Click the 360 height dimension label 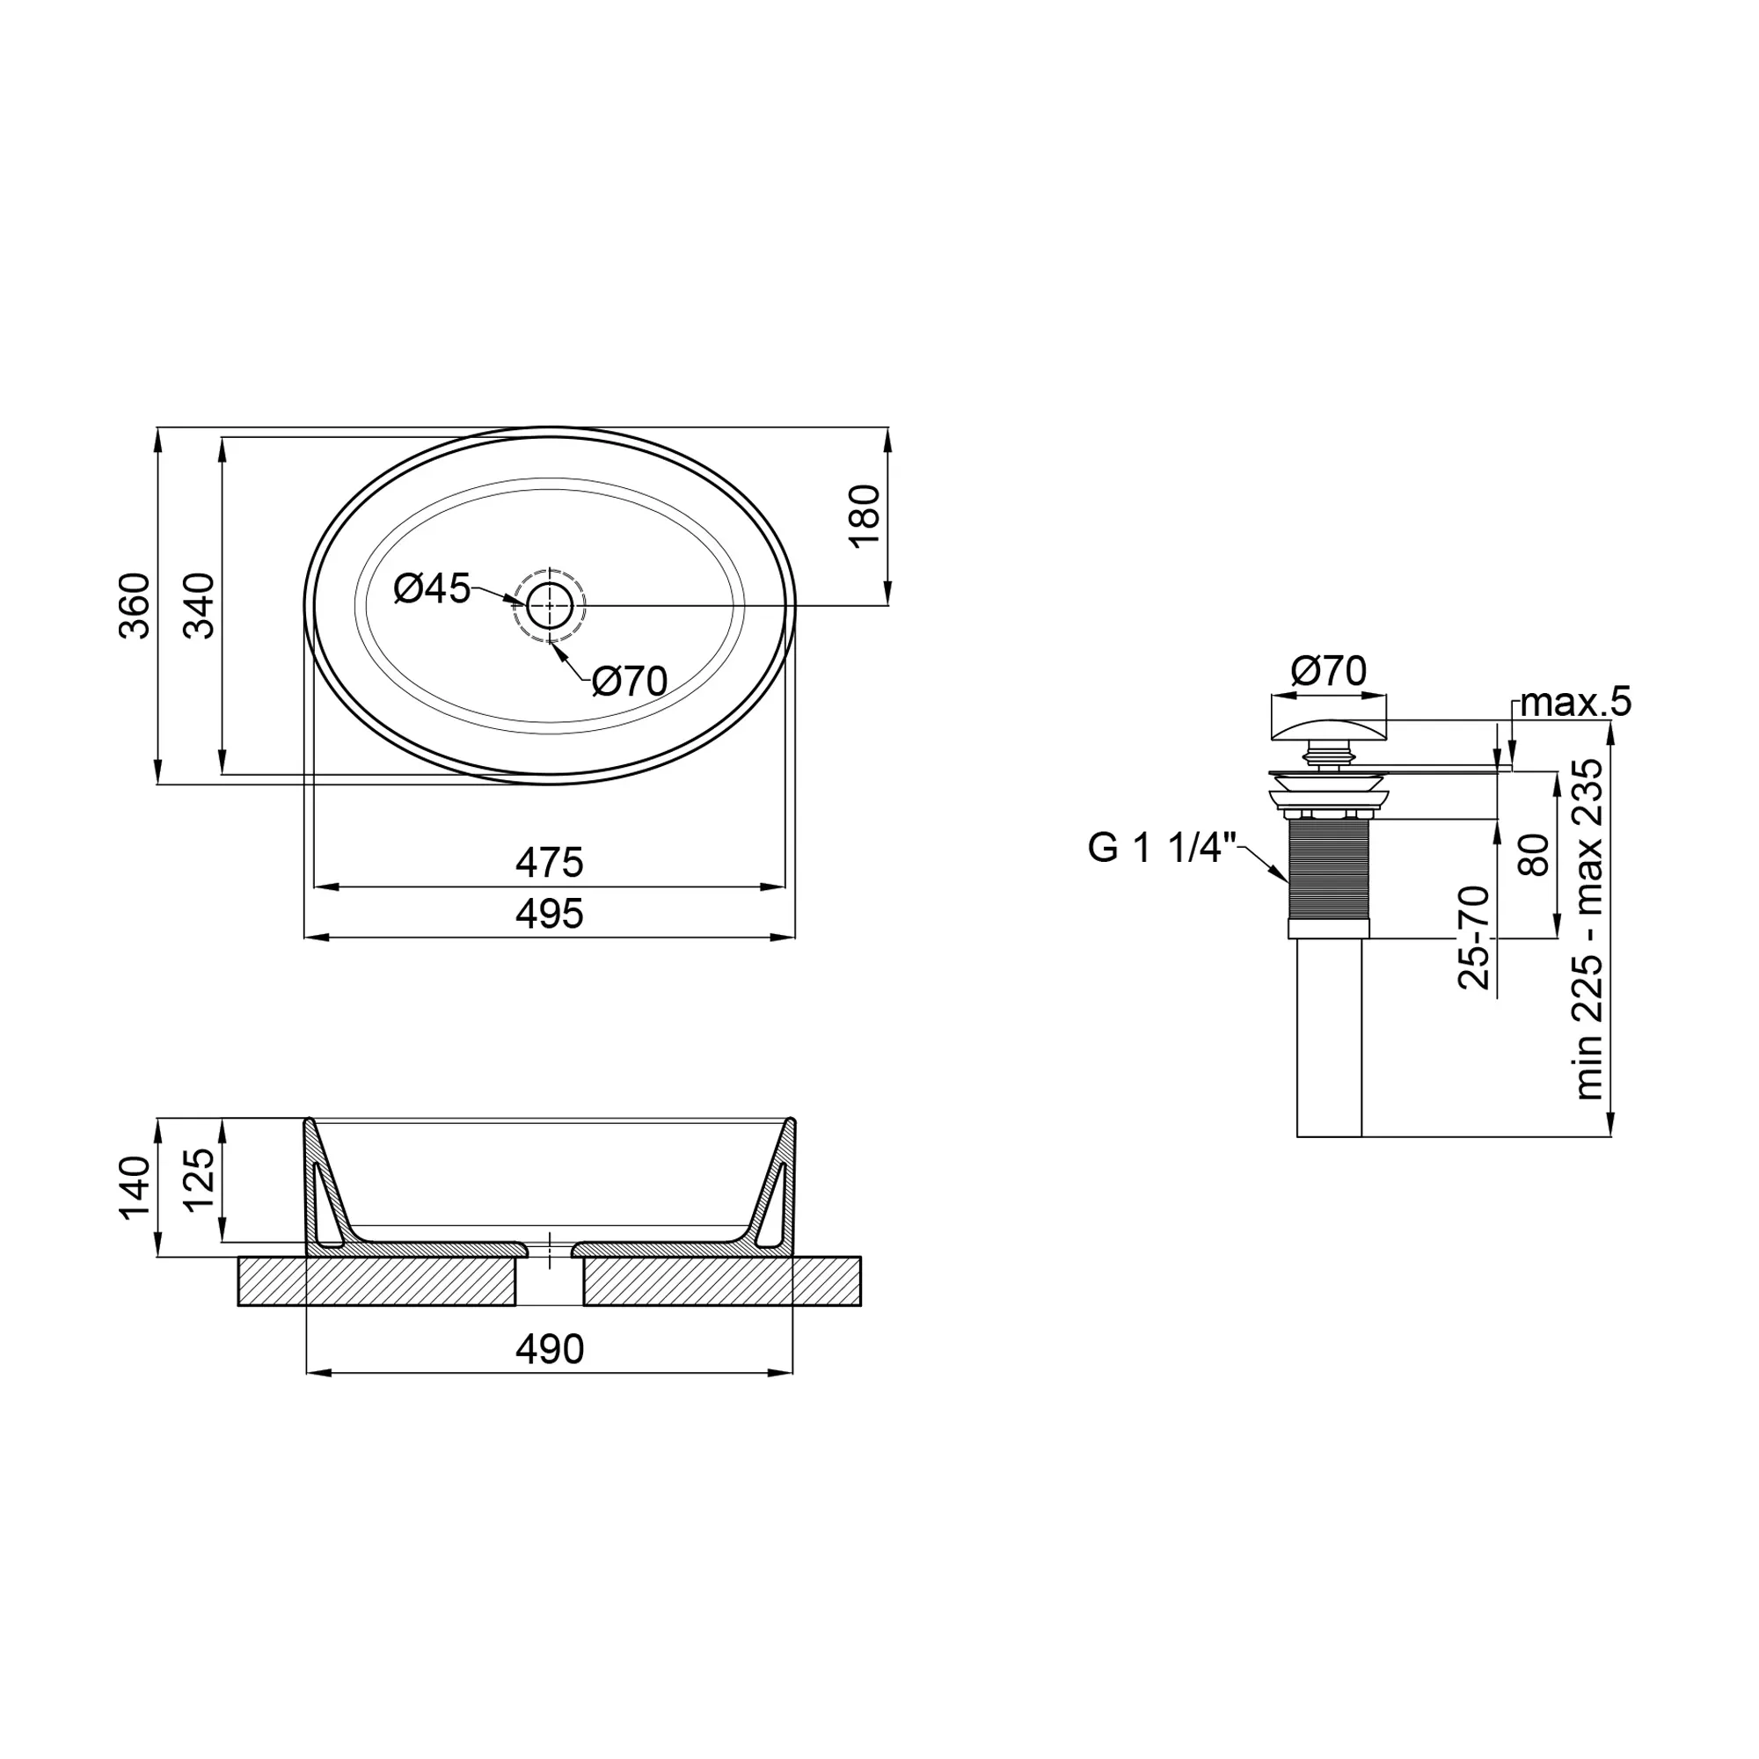pyautogui.click(x=135, y=605)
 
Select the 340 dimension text pyautogui.click(x=200, y=605)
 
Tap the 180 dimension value pyautogui.click(x=865, y=516)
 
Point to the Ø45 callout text pyautogui.click(x=432, y=589)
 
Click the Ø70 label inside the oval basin pyautogui.click(x=630, y=681)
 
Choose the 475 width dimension pyautogui.click(x=549, y=862)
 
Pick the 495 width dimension pyautogui.click(x=549, y=913)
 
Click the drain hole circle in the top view pyautogui.click(x=550, y=604)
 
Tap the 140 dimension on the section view pyautogui.click(x=135, y=1187)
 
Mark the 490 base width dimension pyautogui.click(x=549, y=1349)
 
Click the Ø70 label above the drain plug pyautogui.click(x=1328, y=672)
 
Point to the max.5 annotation pyautogui.click(x=1576, y=702)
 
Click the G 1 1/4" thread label pyautogui.click(x=1163, y=849)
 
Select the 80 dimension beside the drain pyautogui.click(x=1535, y=854)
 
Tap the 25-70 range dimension pyautogui.click(x=1474, y=937)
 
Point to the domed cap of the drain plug pyautogui.click(x=1328, y=728)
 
